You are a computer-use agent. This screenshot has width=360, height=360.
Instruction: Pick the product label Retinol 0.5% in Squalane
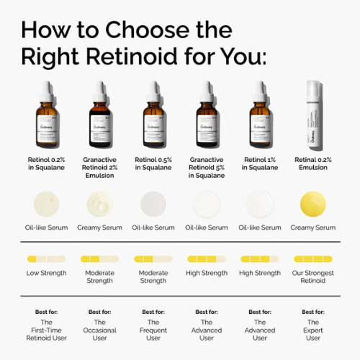[x=153, y=163]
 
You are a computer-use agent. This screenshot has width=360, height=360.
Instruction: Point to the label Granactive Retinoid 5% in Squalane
[x=207, y=166]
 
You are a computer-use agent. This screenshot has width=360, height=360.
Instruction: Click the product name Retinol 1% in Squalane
[x=260, y=163]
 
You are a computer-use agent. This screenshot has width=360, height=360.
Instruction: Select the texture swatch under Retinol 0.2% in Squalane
[x=47, y=204]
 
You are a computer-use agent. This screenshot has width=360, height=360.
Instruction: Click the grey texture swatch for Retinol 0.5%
[x=153, y=204]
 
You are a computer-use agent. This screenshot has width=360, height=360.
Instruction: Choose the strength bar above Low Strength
[x=47, y=258]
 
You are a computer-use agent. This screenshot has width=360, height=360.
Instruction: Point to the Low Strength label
[x=47, y=273]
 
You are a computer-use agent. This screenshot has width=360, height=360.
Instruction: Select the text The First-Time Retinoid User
[x=47, y=330]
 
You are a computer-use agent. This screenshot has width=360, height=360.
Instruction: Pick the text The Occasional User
[x=100, y=330]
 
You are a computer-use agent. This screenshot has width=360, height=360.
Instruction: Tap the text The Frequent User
[x=153, y=330]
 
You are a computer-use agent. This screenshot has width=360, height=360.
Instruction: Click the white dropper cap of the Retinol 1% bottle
[x=260, y=89]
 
